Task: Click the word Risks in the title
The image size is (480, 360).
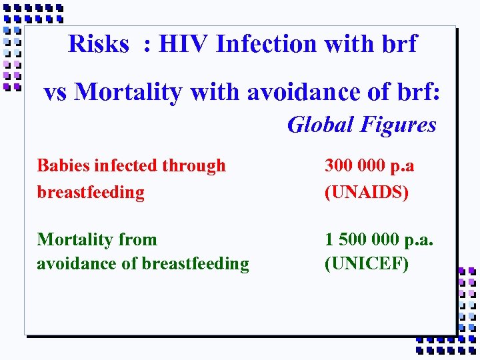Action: pos(98,44)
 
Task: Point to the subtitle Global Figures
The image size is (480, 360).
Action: pos(361,125)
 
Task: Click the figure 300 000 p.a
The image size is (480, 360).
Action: pos(369,165)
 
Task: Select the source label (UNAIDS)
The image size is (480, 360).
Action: pos(366,192)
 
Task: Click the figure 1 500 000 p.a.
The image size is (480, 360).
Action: pos(378,239)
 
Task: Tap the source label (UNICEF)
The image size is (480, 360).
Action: pos(366,264)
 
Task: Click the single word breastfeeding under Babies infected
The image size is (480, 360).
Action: pos(91,192)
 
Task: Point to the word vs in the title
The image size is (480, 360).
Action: pos(56,93)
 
